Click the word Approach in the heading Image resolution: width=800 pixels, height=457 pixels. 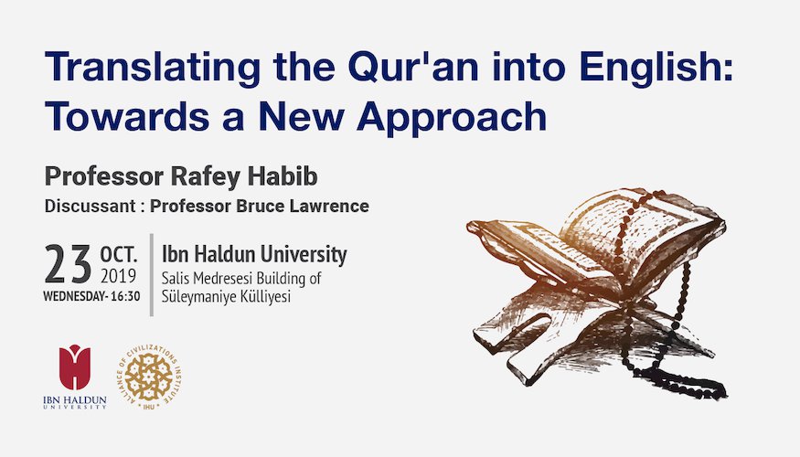[x=452, y=118]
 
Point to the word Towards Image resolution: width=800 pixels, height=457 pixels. [x=127, y=116]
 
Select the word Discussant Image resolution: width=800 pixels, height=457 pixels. [x=90, y=206]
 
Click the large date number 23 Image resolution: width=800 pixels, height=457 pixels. [x=68, y=264]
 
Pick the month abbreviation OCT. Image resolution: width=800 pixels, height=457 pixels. [x=119, y=253]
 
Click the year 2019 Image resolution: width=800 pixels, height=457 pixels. [x=118, y=276]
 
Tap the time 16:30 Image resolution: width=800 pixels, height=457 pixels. [x=125, y=296]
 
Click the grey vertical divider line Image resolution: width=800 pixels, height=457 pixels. [x=152, y=275]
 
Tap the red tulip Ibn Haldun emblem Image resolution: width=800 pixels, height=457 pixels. [x=75, y=367]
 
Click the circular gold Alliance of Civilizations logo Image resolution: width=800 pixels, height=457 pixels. [x=149, y=377]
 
